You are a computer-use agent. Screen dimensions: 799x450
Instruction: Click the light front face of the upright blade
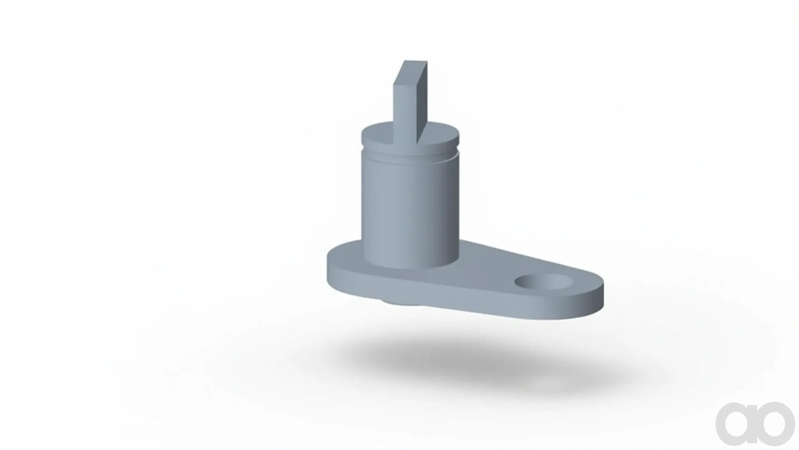(x=405, y=109)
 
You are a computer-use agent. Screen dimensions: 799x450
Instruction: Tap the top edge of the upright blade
(x=415, y=61)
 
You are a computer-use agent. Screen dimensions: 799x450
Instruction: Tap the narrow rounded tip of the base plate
(x=600, y=296)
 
